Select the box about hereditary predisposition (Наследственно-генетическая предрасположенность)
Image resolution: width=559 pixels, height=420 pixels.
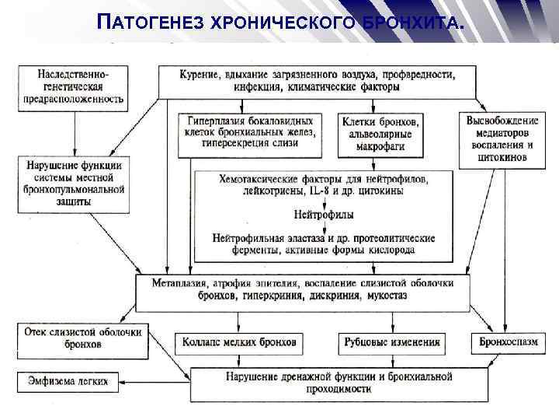click(x=73, y=85)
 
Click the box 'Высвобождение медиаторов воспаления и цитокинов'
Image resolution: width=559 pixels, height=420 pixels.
click(x=503, y=138)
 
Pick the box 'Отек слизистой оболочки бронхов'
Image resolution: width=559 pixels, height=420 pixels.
click(x=82, y=338)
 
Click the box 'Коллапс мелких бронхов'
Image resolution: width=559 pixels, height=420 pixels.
click(x=239, y=341)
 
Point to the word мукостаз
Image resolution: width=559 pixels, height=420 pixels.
click(x=384, y=296)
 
